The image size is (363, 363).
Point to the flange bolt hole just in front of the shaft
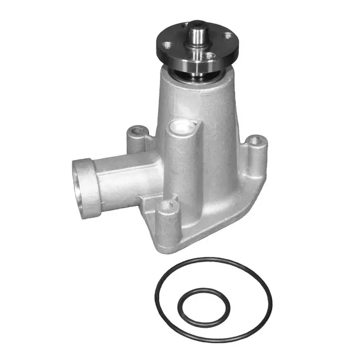pos(210,56)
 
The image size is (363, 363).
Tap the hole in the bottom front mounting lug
pos(166,206)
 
